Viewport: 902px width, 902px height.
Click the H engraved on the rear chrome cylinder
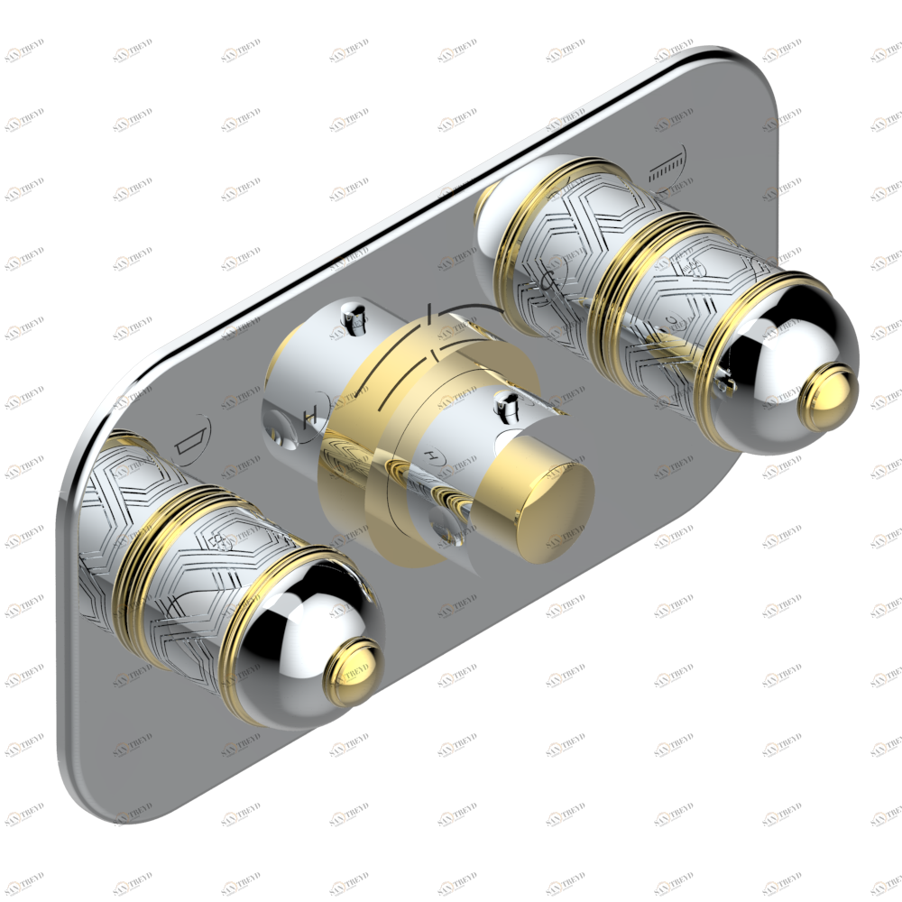coord(310,416)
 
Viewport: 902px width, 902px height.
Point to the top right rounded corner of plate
coord(753,77)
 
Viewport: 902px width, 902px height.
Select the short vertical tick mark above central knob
coord(431,313)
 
